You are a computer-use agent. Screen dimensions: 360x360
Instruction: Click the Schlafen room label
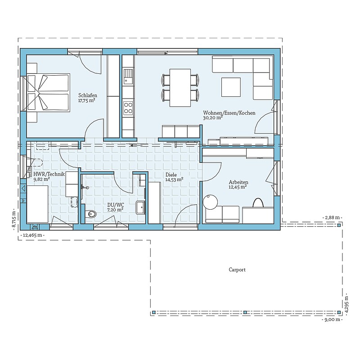[x=88, y=95]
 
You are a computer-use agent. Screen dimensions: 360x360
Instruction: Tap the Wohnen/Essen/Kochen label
[x=229, y=113]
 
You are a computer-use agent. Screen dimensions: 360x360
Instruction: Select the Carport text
[x=237, y=270]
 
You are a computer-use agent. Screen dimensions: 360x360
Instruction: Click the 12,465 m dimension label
[x=32, y=235]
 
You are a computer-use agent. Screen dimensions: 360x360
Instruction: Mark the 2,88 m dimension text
[x=333, y=217]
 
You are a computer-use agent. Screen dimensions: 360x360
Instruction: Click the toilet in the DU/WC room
[x=91, y=214]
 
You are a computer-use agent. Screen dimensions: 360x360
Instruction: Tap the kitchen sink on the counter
[x=128, y=76]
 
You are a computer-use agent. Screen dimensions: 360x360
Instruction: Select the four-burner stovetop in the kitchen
[x=128, y=108]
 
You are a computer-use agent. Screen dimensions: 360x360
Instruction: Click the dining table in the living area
[x=180, y=88]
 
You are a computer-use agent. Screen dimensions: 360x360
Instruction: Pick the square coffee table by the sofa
[x=231, y=87]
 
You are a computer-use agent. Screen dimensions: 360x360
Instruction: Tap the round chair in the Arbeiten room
[x=211, y=202]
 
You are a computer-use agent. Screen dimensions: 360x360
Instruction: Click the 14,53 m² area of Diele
[x=174, y=180]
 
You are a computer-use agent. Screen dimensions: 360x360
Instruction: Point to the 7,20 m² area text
[x=115, y=210]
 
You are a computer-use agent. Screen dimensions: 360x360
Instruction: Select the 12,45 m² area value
[x=238, y=187]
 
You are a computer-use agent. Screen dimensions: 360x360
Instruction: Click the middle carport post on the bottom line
[x=245, y=312]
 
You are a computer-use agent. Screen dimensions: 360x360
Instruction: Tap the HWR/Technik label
[x=49, y=174]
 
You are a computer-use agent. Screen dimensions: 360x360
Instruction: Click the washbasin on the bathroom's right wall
[x=140, y=207]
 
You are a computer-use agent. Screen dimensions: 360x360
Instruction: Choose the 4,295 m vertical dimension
[x=346, y=303]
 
